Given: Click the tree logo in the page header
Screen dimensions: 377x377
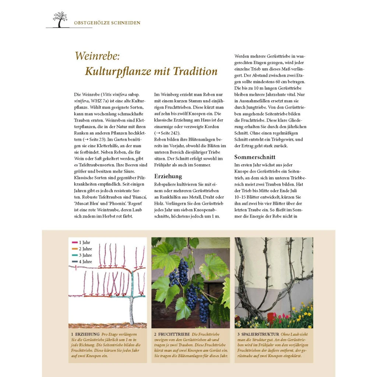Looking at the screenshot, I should (x=60, y=20).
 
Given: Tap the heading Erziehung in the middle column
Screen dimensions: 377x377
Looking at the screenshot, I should (x=168, y=176).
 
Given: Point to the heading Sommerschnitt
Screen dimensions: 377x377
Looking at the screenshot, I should (x=255, y=157).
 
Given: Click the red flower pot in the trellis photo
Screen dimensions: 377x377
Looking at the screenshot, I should (x=272, y=318).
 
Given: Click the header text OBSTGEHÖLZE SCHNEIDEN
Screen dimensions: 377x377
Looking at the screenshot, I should (x=107, y=23).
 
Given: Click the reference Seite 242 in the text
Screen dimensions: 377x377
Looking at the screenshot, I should (x=168, y=133).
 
